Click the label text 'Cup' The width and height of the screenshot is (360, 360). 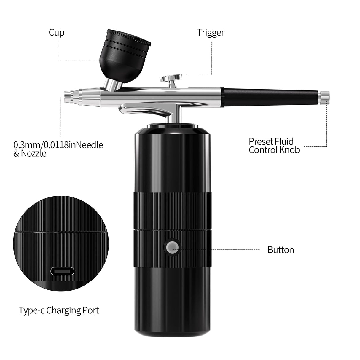(56, 33)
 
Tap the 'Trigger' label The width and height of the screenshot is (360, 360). (211, 33)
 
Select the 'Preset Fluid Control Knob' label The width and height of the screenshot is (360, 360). (274, 146)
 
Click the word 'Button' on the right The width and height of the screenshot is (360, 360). (281, 250)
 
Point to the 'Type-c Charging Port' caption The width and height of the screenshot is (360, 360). (59, 310)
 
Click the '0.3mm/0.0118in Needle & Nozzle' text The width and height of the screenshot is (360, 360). (58, 149)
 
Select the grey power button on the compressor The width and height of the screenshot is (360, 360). (173, 247)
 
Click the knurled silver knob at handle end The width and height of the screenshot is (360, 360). (324, 98)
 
